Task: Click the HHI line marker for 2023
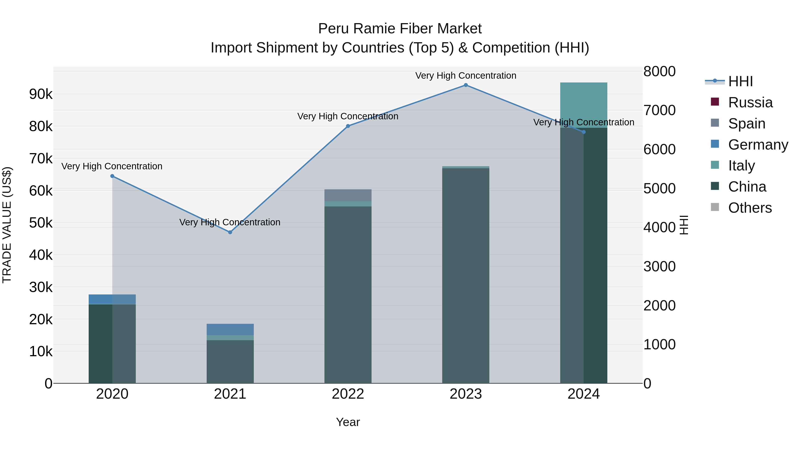(466, 85)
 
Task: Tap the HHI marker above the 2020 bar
(112, 176)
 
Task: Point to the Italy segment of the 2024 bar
(584, 105)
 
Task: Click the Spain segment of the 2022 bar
(348, 195)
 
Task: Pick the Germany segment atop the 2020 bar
(112, 299)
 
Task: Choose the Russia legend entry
(750, 102)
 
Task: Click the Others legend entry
(750, 208)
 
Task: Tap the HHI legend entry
(740, 81)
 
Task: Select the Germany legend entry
(758, 145)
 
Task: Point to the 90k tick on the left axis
(41, 94)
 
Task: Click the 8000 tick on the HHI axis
(659, 71)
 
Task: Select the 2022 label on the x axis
(348, 394)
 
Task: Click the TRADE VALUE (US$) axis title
(7, 225)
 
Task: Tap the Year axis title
(348, 422)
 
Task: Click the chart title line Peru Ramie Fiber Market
(400, 29)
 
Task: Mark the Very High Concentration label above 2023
(466, 76)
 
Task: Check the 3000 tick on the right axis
(659, 266)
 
